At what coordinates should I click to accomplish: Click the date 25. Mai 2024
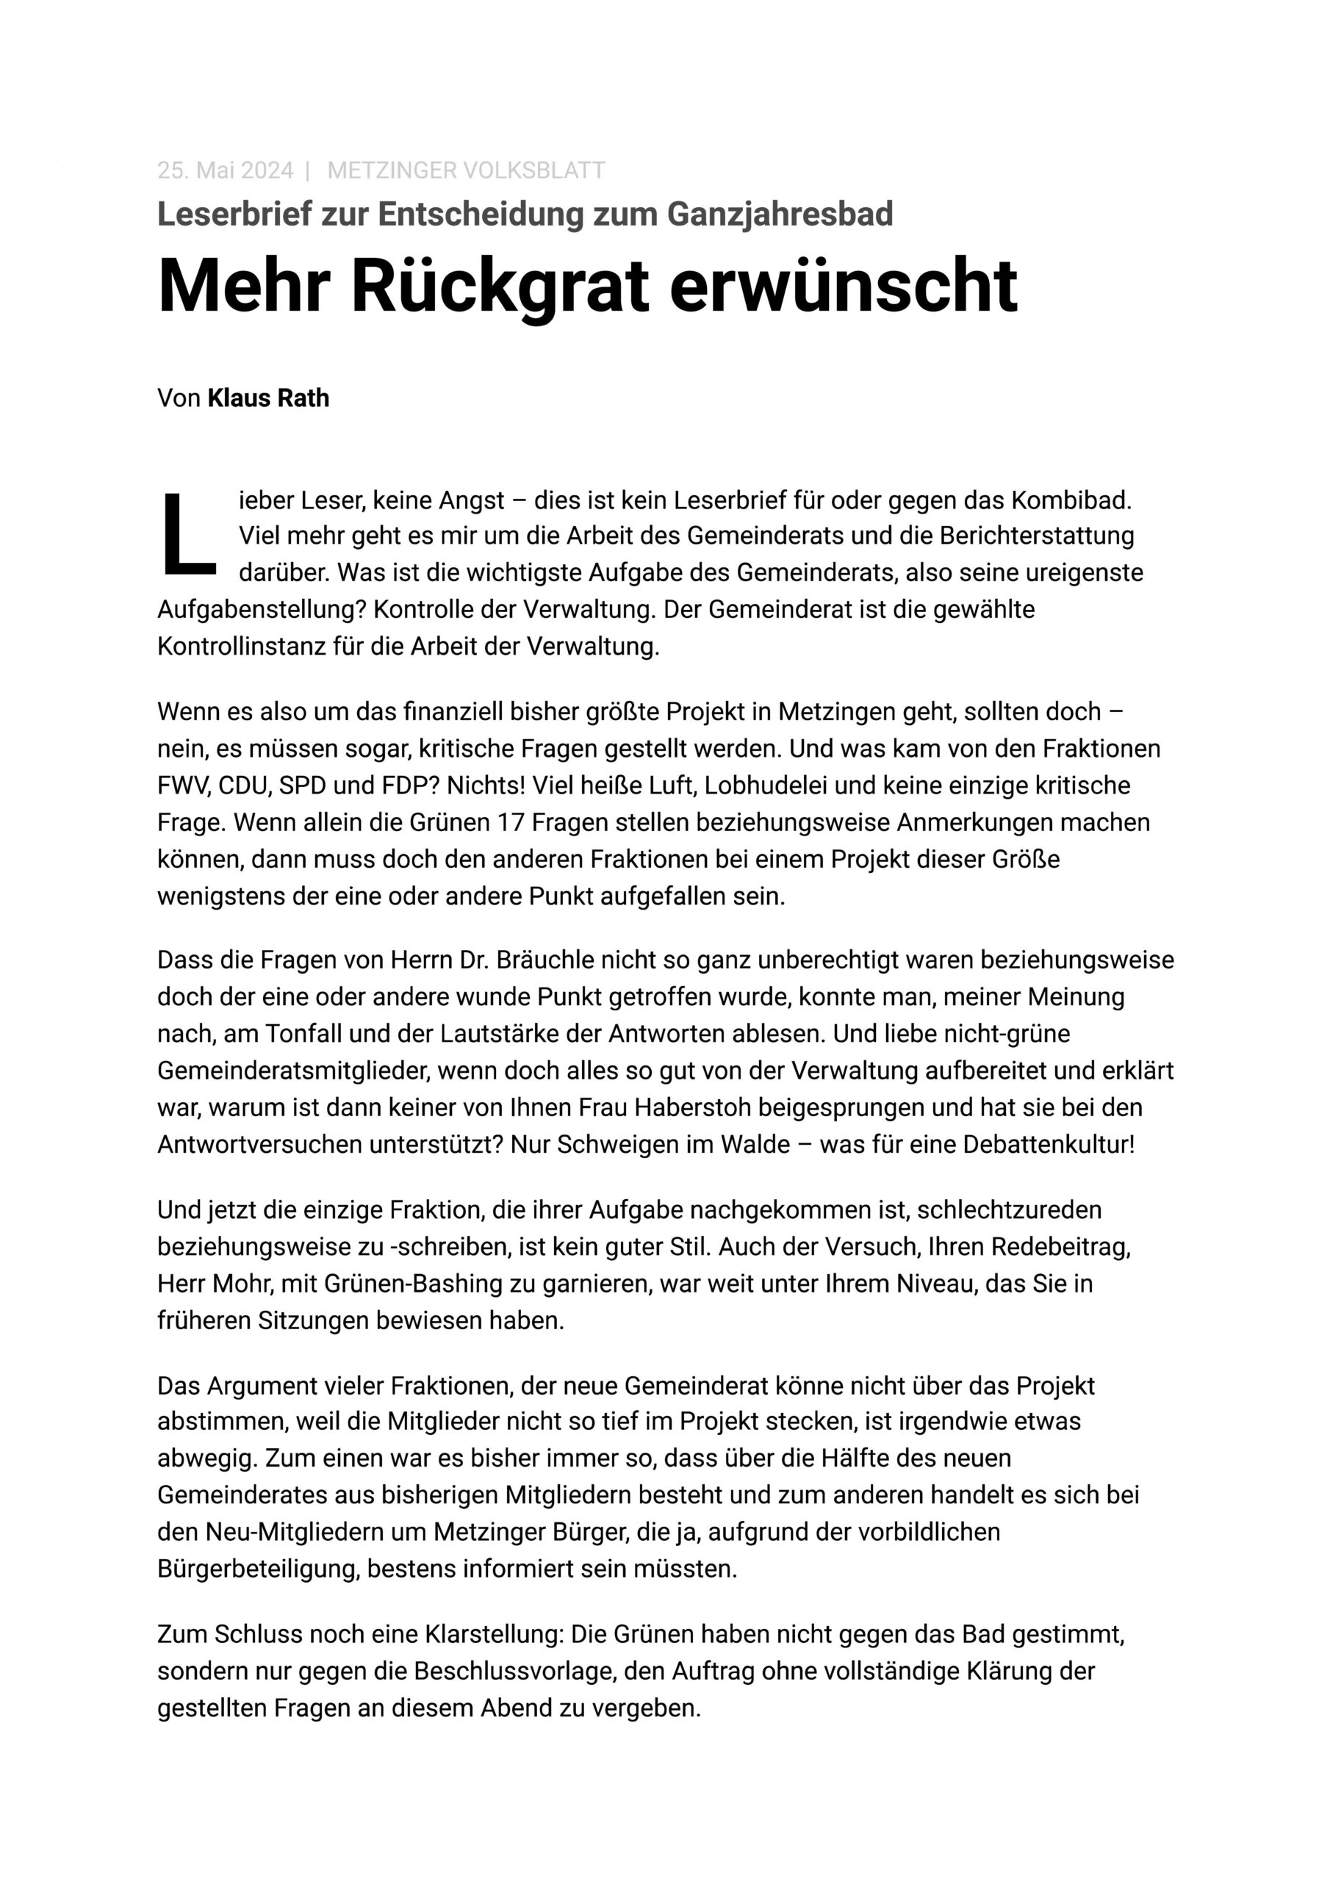[x=225, y=170]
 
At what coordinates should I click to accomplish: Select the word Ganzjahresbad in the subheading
[x=780, y=214]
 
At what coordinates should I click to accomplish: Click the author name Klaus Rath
[x=268, y=398]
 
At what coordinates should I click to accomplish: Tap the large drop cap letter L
[x=187, y=535]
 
